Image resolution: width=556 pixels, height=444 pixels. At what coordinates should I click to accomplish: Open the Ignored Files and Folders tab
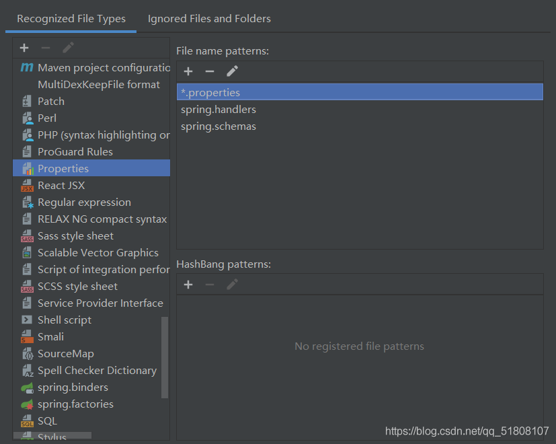click(x=209, y=19)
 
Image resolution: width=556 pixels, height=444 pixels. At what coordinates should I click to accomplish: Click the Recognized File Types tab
click(x=71, y=19)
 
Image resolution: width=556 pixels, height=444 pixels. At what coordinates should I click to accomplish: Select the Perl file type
click(x=47, y=118)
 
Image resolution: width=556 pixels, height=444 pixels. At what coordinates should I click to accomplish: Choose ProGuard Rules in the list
click(x=75, y=152)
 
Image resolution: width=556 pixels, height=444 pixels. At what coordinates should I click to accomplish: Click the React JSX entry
click(x=61, y=186)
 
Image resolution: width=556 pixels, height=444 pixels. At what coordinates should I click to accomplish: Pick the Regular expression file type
click(x=84, y=202)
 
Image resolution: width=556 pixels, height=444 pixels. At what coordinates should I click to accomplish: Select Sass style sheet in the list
click(x=75, y=236)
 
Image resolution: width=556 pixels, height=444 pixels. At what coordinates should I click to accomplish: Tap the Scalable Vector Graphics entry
click(x=97, y=253)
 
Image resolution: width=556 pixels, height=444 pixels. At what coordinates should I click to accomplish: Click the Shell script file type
click(x=64, y=320)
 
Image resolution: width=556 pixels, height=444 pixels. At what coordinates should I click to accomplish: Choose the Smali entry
click(x=50, y=337)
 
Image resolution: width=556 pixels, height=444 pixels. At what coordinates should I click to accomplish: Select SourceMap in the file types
click(x=65, y=354)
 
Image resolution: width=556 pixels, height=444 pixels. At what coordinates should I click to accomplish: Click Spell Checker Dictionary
click(x=97, y=371)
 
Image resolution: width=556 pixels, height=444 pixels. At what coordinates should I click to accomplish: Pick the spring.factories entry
click(x=75, y=404)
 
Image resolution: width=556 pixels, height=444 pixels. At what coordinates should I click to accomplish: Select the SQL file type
click(x=47, y=421)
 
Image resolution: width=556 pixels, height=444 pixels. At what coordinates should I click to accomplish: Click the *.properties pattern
click(x=210, y=92)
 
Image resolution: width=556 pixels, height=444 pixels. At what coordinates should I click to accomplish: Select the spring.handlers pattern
click(x=219, y=110)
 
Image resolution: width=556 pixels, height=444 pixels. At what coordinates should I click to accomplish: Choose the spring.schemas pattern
click(x=219, y=126)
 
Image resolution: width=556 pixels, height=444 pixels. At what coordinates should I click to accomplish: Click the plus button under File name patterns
click(x=188, y=71)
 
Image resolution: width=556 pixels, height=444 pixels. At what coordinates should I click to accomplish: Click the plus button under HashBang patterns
click(x=188, y=285)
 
